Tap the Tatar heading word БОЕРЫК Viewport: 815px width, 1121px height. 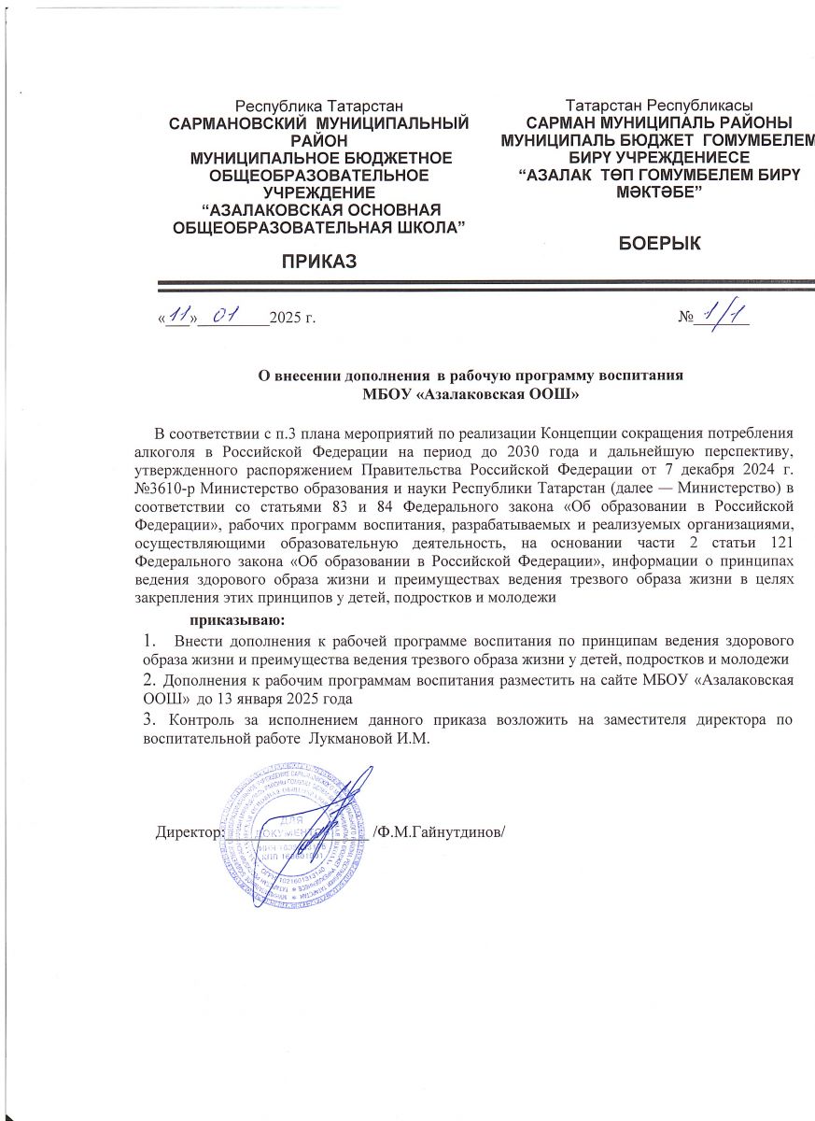[x=661, y=244]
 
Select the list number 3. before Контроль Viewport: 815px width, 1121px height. [x=148, y=719]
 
